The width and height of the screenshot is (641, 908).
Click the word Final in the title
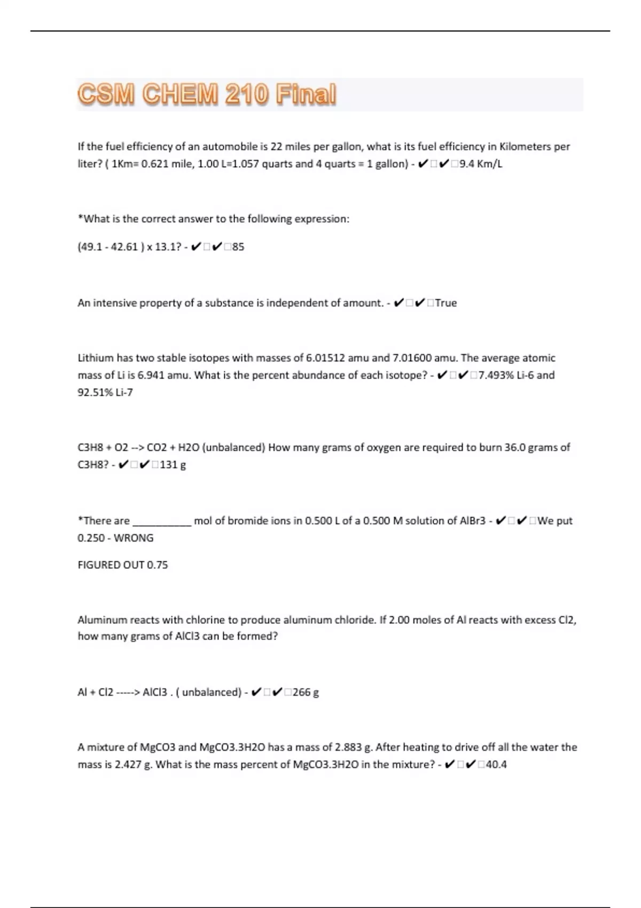[x=306, y=95]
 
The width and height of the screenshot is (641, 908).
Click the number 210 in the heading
[x=246, y=95]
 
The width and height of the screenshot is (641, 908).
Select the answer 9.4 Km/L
[x=481, y=164]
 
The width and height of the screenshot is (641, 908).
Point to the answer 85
[x=238, y=247]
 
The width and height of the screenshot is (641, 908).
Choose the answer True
[x=446, y=303]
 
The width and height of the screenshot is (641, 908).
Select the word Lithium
[x=96, y=358]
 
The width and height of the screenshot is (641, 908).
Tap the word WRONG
[x=134, y=538]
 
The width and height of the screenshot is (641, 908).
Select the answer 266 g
[x=306, y=692]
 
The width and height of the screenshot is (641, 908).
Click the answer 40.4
[x=496, y=764]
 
